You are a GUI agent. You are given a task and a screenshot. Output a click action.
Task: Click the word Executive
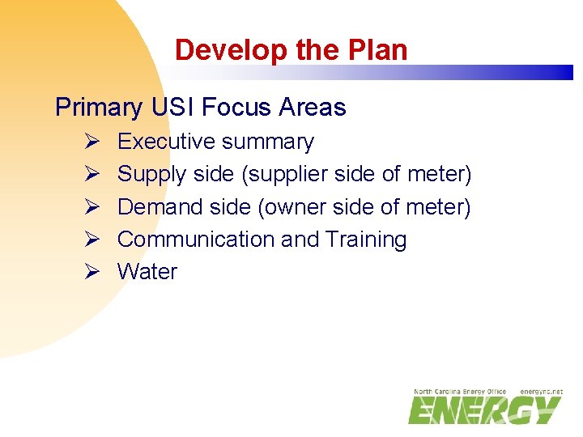coord(167,142)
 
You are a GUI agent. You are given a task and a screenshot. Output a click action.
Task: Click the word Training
coord(366,240)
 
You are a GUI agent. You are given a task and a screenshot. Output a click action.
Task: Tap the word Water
coord(147,272)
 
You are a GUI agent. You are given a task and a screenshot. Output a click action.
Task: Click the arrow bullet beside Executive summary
coord(91,142)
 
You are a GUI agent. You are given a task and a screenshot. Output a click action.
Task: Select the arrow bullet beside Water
coord(91,272)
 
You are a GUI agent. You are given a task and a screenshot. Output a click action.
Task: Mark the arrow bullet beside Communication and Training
coord(91,240)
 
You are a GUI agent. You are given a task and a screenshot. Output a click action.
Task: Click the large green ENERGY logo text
coord(484,410)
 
